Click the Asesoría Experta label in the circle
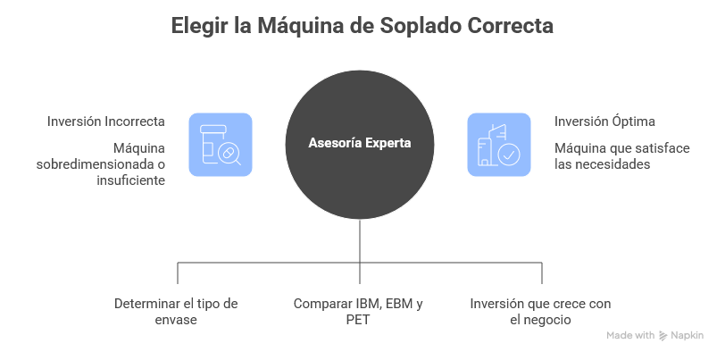pyautogui.click(x=360, y=142)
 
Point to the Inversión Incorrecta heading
pyautogui.click(x=108, y=121)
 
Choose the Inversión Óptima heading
pyautogui.click(x=605, y=121)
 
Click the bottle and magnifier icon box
pyautogui.click(x=221, y=144)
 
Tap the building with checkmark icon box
pyautogui.click(x=498, y=144)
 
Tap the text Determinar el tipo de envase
pyautogui.click(x=177, y=311)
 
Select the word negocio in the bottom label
pyautogui.click(x=547, y=320)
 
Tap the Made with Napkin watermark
pyautogui.click(x=654, y=336)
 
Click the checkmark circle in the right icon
pyautogui.click(x=508, y=155)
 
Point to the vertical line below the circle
pyautogui.click(x=360, y=241)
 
